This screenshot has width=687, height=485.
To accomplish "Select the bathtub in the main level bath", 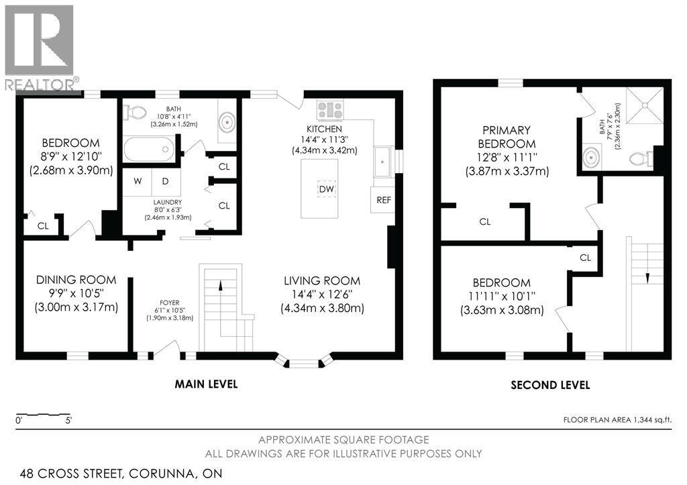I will (149, 148).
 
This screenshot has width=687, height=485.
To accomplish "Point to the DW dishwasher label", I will (326, 189).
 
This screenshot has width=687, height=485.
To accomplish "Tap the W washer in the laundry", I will (137, 180).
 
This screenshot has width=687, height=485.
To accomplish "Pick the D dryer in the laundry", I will (165, 180).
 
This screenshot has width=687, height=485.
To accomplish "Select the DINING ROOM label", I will (76, 280).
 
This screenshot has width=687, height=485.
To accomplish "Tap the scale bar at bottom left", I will (44, 415).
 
